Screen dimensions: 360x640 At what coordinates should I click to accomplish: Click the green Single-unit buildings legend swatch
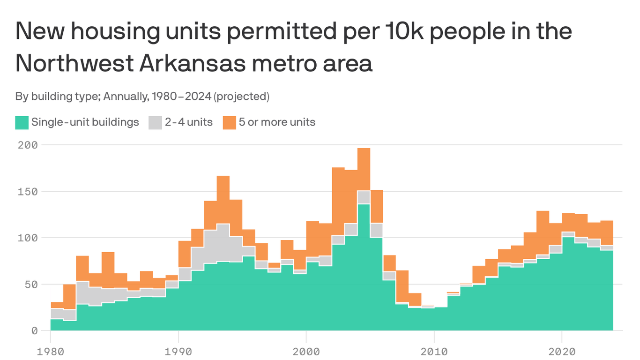coord(22,123)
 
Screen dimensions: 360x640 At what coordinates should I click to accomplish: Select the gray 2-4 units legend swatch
coord(155,123)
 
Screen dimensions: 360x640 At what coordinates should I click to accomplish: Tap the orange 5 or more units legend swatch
coord(229,123)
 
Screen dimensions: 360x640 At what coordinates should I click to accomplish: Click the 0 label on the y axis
coord(34,330)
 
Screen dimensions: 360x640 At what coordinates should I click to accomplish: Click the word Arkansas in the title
coord(192,63)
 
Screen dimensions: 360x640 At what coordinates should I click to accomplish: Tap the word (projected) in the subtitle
coord(241,97)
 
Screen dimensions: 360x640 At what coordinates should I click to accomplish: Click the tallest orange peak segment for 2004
coord(364,169)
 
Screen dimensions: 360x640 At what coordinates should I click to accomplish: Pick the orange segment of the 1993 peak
coord(223,200)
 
